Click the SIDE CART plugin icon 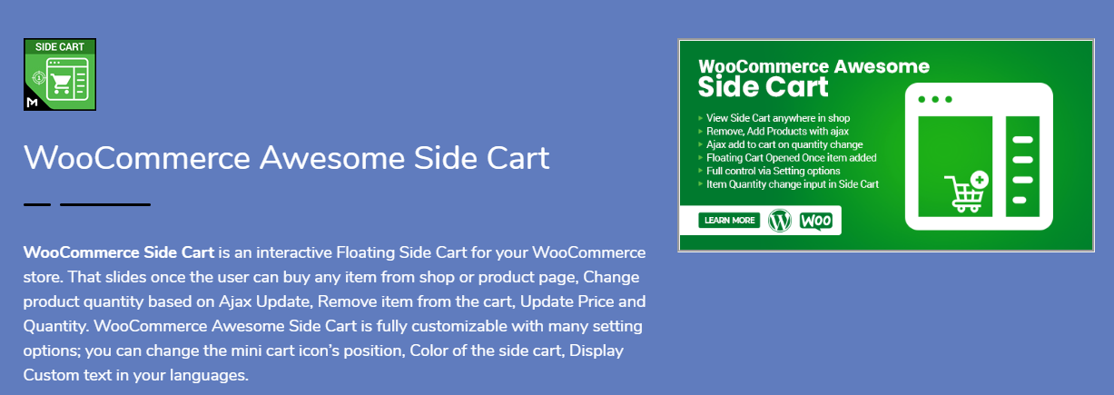pyautogui.click(x=60, y=74)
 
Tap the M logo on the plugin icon pyautogui.click(x=33, y=102)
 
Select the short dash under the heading pyautogui.click(x=37, y=204)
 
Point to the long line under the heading pyautogui.click(x=105, y=204)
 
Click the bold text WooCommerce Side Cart pyautogui.click(x=119, y=252)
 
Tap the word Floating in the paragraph pyautogui.click(x=365, y=252)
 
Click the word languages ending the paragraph pyautogui.click(x=209, y=375)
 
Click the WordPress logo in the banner pyautogui.click(x=779, y=221)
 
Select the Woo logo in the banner pyautogui.click(x=815, y=221)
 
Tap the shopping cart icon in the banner pyautogui.click(x=964, y=194)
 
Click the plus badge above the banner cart pyautogui.click(x=980, y=180)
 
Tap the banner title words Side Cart pyautogui.click(x=763, y=87)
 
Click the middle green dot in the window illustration pyautogui.click(x=935, y=100)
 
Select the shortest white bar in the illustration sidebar pyautogui.click(x=1019, y=200)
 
